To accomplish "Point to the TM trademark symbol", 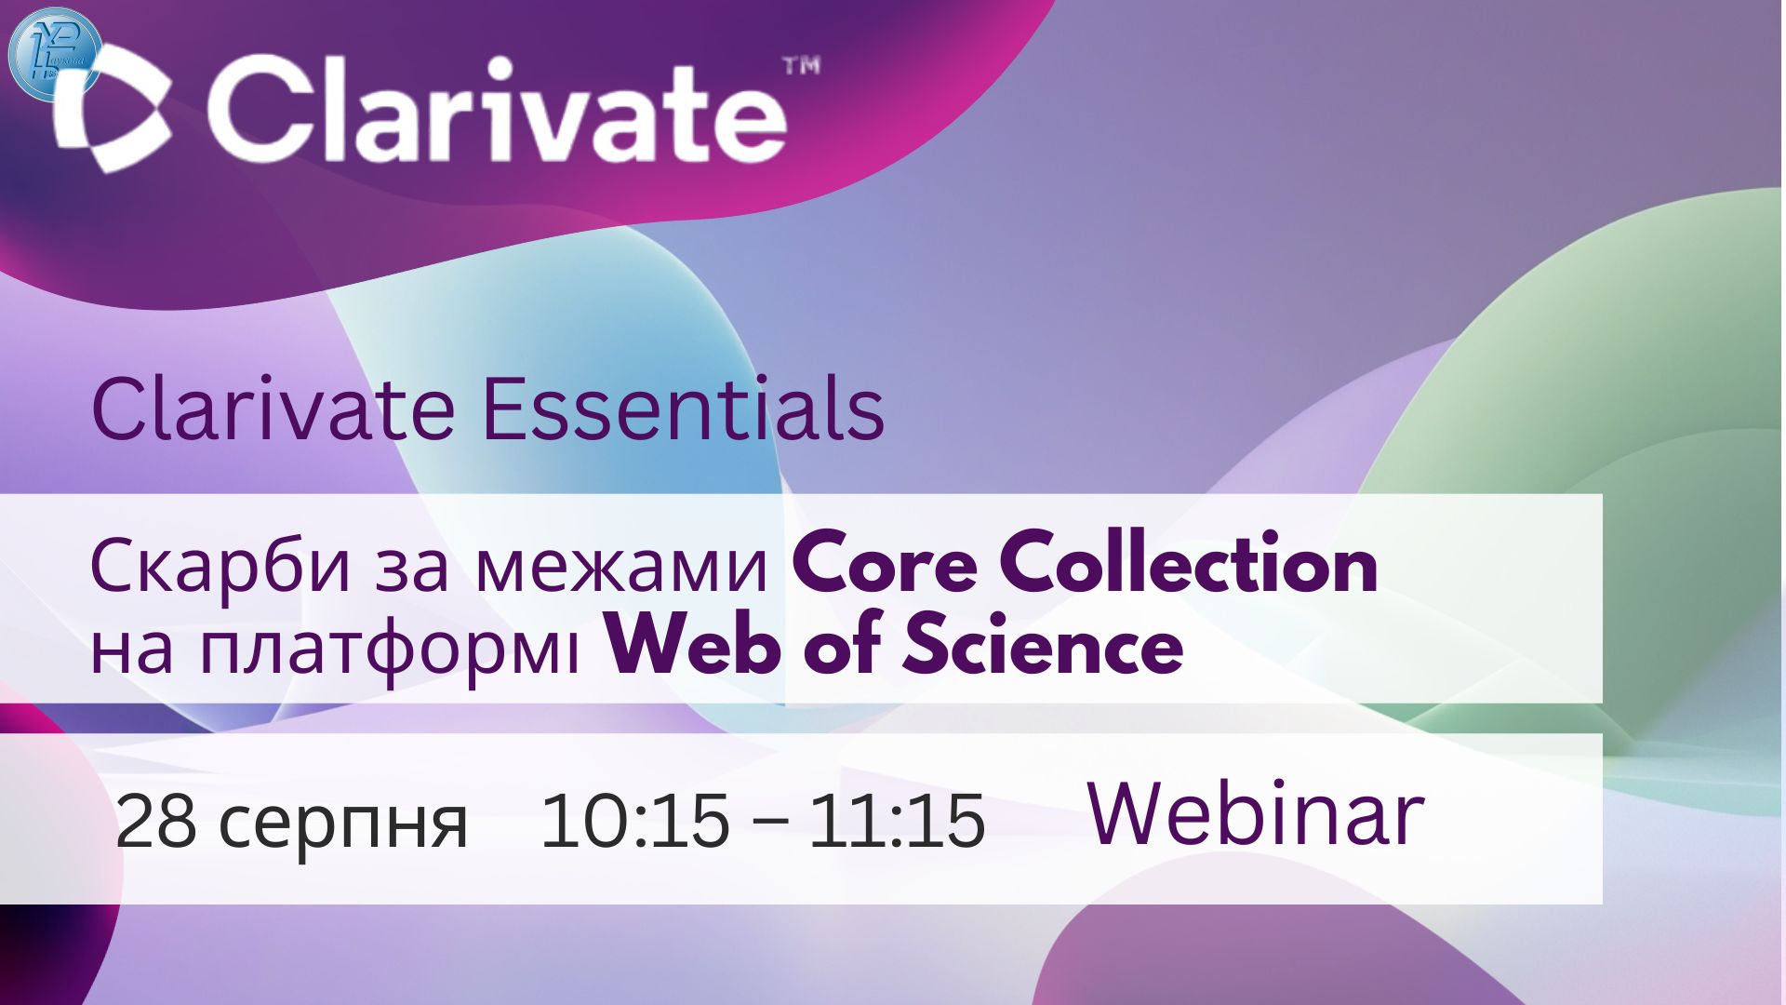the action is coord(802,66).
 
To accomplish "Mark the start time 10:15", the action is coord(634,821).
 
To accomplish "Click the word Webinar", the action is coord(1255,814).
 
